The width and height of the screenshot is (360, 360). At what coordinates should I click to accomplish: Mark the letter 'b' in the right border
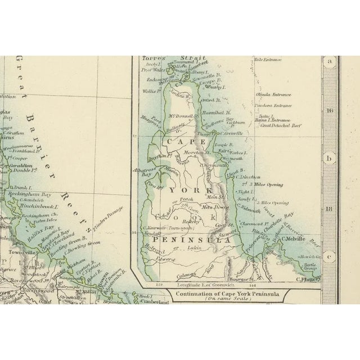(x=330, y=158)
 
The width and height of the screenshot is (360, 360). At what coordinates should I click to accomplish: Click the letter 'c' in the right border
(x=330, y=254)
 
